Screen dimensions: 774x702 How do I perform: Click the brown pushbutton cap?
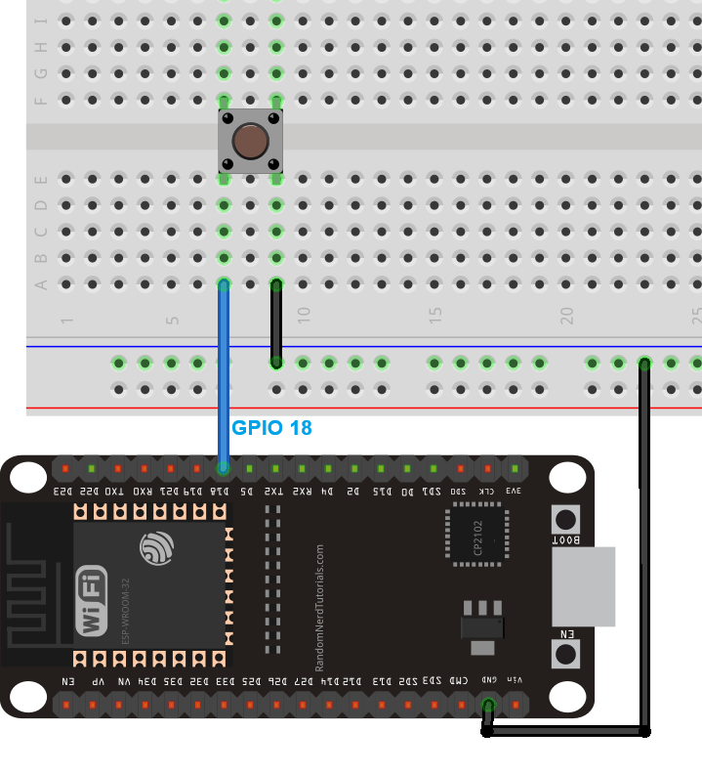[251, 143]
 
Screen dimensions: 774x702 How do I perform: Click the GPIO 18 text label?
[271, 428]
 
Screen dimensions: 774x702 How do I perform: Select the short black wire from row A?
[276, 323]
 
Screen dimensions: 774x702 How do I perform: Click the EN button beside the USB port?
[565, 653]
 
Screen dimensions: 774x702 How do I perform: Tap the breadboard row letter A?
[41, 284]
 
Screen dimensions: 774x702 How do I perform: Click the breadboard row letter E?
[41, 180]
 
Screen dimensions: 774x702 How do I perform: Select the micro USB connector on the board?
[583, 586]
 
